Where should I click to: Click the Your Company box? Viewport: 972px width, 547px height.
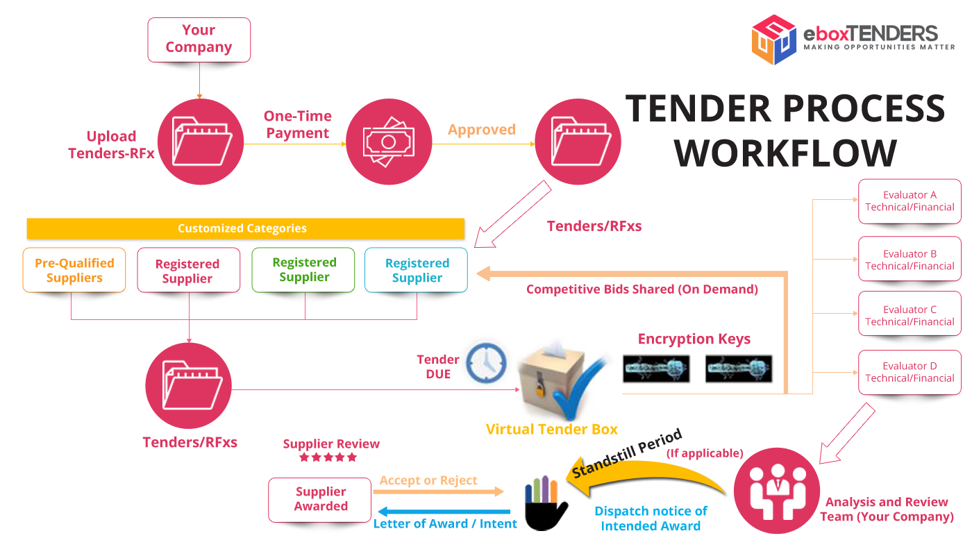199,40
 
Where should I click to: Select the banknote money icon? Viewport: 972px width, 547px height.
389,142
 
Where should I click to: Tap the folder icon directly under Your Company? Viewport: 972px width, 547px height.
200,142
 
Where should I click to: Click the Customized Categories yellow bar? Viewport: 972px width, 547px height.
244,228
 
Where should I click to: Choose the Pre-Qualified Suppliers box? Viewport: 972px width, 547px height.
74,271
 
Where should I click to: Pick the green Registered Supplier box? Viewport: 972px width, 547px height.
304,270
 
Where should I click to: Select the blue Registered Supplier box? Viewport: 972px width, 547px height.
417,271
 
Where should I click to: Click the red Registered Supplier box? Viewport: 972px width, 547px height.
187,271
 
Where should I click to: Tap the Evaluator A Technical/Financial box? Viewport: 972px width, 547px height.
910,201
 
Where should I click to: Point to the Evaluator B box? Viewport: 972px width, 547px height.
910,260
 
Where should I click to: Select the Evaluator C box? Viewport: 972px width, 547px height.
910,316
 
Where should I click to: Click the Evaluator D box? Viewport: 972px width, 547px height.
910,372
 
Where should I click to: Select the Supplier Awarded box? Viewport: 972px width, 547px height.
320,499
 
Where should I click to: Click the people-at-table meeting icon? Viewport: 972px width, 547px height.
776,490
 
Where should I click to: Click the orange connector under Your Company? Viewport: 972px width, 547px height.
200,85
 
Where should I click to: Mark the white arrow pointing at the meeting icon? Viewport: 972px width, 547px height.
846,435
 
